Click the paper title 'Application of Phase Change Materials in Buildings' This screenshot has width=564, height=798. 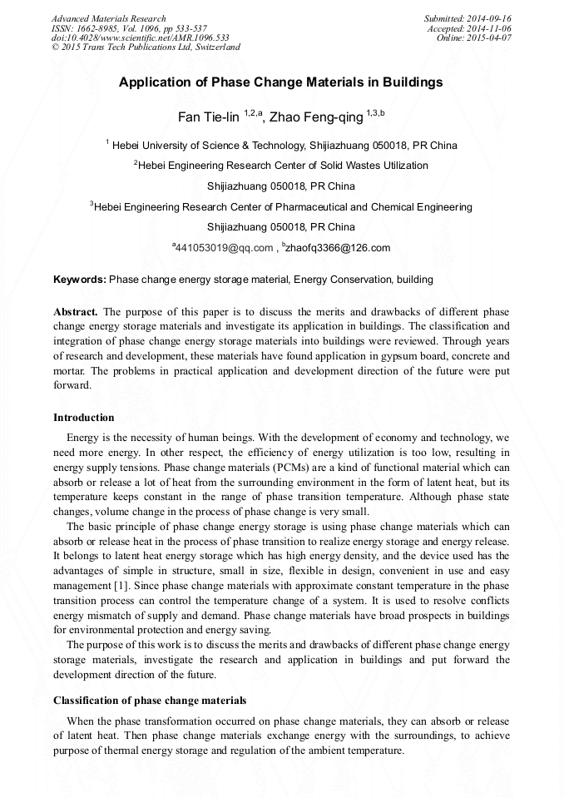click(280, 82)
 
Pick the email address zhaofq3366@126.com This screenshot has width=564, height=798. click(337, 248)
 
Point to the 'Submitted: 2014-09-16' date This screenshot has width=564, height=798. click(468, 18)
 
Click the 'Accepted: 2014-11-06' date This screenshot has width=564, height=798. click(470, 28)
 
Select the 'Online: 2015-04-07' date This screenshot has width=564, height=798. click(474, 37)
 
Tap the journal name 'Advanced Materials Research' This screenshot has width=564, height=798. click(109, 18)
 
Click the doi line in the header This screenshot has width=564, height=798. click(140, 37)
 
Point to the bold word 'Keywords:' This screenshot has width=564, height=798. click(80, 280)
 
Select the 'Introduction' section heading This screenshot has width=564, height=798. click(84, 418)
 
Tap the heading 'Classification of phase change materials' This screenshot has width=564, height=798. click(150, 701)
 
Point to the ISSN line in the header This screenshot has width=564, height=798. click(129, 28)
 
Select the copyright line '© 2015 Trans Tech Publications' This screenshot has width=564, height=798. click(146, 47)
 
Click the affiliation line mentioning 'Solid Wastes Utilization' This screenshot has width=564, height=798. click(283, 166)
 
